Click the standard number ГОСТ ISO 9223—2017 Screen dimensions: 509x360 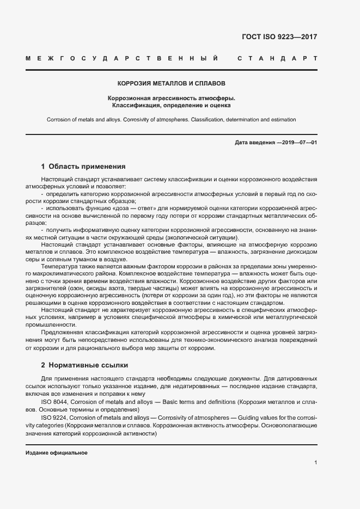[279, 38]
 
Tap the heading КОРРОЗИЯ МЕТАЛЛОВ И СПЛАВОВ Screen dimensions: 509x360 [172, 84]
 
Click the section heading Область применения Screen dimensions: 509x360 [87, 167]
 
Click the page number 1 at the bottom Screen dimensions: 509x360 [315, 462]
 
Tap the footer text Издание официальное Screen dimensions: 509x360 [57, 453]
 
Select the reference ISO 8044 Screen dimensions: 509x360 [53, 401]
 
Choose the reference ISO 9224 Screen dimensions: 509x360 [53, 416]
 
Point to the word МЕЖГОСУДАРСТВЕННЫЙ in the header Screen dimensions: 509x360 [123, 58]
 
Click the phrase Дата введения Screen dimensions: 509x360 [254, 143]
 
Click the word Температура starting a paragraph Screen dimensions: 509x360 [58, 267]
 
